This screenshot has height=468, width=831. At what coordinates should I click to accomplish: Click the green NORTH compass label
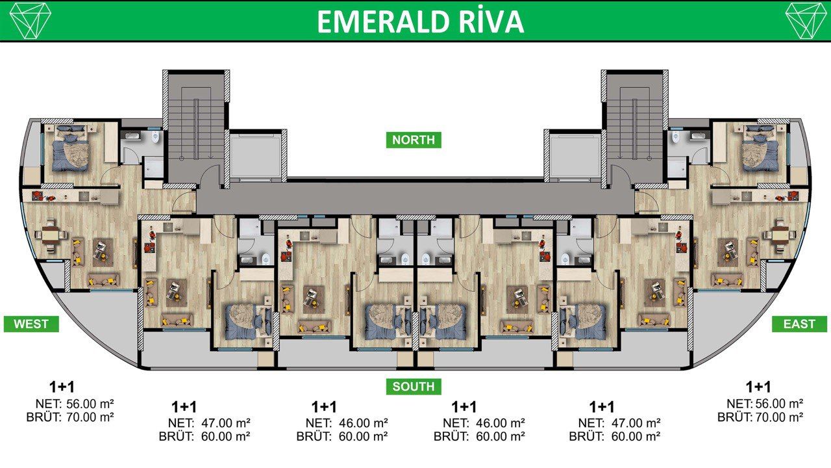tap(414, 140)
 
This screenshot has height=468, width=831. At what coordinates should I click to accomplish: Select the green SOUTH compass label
tap(414, 387)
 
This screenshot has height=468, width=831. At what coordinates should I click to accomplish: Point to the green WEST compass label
tap(31, 324)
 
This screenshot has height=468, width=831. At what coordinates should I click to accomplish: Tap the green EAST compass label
tap(799, 324)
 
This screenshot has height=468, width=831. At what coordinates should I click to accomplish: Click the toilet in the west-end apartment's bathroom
tap(155, 138)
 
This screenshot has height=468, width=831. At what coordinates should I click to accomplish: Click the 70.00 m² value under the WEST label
tap(90, 417)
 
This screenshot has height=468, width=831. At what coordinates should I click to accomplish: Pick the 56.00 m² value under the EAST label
tap(779, 403)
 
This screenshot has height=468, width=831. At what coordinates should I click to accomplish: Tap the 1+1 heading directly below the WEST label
tap(62, 387)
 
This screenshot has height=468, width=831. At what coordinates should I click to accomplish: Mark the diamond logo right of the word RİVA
tap(806, 20)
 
